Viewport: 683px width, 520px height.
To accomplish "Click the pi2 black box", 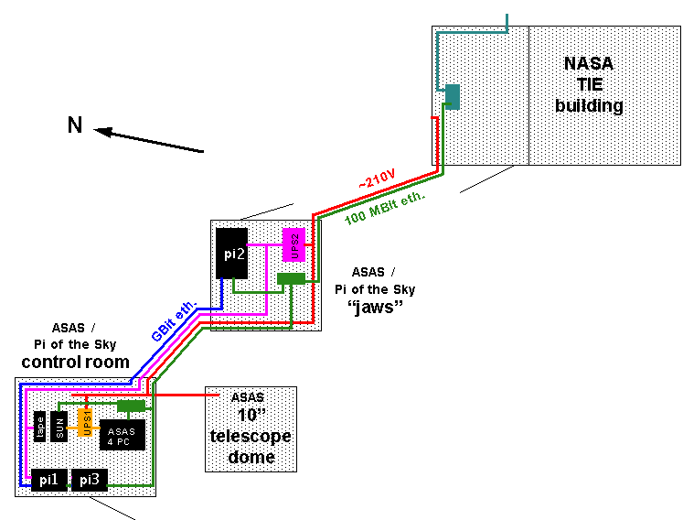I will pyautogui.click(x=233, y=252).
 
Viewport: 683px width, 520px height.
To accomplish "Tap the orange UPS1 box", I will pyautogui.click(x=85, y=420).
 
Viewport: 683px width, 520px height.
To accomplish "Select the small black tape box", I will pyautogui.click(x=40, y=427).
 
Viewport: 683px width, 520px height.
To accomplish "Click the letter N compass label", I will pyautogui.click(x=75, y=125).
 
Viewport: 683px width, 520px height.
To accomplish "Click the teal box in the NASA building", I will pyautogui.click(x=451, y=95).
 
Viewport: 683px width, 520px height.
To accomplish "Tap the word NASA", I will pyautogui.click(x=588, y=64).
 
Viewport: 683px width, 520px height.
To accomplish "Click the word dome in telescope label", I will pyautogui.click(x=251, y=456).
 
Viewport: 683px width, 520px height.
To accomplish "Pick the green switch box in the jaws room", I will pyautogui.click(x=291, y=278).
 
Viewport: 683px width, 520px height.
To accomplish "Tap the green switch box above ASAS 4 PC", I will pyautogui.click(x=132, y=406).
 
